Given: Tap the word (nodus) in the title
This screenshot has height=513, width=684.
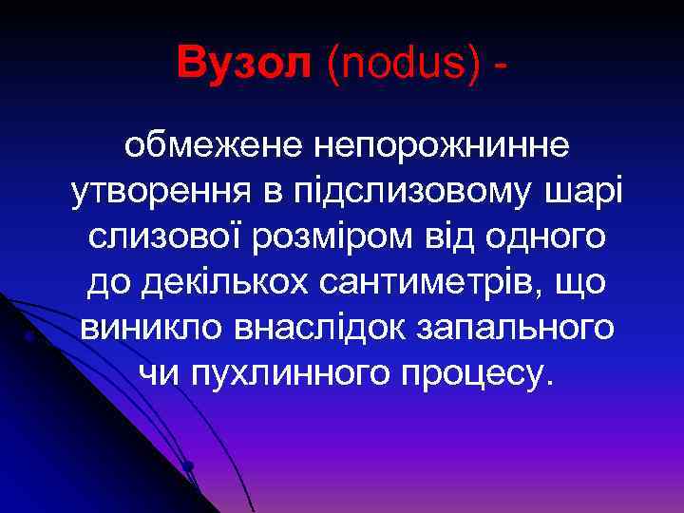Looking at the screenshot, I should click(x=399, y=64).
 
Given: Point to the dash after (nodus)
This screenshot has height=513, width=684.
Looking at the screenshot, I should click(x=499, y=65).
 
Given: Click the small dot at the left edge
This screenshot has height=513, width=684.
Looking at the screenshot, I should click(x=29, y=335).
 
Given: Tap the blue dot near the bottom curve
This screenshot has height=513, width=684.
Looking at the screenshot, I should click(x=188, y=465).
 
